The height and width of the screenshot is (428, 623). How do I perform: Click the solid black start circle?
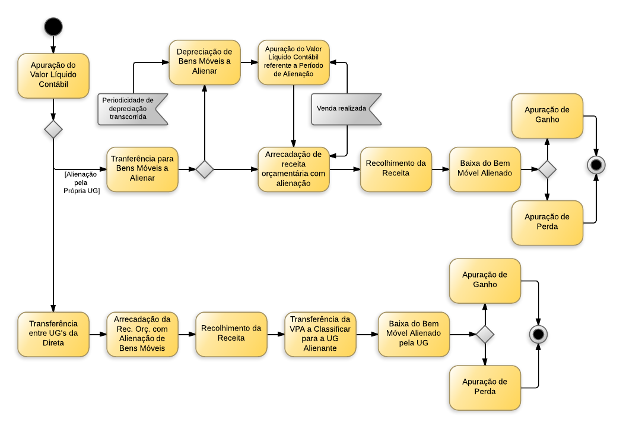[x=53, y=27]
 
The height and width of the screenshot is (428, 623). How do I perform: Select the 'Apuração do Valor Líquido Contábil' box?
[x=53, y=75]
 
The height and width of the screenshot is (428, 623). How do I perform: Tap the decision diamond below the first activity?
[x=53, y=129]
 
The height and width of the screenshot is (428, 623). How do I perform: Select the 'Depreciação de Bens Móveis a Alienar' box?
[x=205, y=62]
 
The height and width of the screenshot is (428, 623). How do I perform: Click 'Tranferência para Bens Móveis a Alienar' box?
[x=142, y=169]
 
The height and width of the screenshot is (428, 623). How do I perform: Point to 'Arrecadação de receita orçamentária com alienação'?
[x=294, y=169]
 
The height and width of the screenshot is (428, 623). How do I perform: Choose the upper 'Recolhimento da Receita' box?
[x=396, y=169]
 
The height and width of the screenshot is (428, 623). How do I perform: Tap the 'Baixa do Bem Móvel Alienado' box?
[x=485, y=169]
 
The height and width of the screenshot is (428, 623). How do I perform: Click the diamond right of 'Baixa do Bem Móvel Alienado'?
[x=547, y=169]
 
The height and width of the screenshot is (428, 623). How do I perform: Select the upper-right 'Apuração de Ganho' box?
[x=547, y=115]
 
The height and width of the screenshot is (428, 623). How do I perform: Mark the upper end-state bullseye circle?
[x=595, y=165]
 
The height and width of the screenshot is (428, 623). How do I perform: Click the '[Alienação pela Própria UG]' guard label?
[x=81, y=182]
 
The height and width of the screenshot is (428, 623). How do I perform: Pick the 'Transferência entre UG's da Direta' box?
[x=53, y=334]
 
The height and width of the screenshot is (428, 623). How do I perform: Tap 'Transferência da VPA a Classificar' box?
[x=320, y=334]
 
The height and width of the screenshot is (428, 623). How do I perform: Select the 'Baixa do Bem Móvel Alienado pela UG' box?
[x=414, y=334]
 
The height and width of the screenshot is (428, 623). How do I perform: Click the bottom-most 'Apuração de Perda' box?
[x=485, y=387]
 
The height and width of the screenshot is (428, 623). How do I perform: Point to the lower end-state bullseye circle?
[x=538, y=334]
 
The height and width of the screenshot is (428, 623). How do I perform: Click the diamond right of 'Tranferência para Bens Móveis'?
[x=205, y=169]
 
